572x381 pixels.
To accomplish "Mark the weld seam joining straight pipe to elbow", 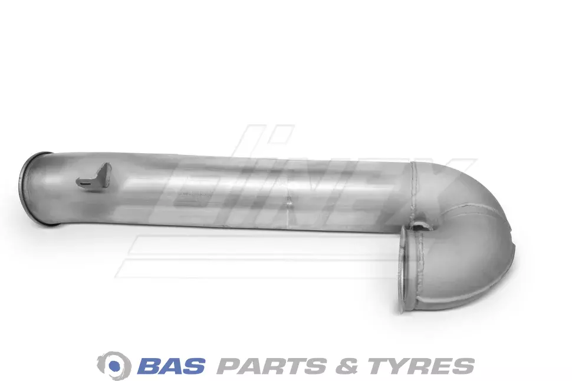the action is pyautogui.click(x=413, y=194).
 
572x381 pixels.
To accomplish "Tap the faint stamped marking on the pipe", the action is pyautogui.click(x=193, y=194).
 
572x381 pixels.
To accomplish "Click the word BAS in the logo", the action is pyautogui.click(x=172, y=365).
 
